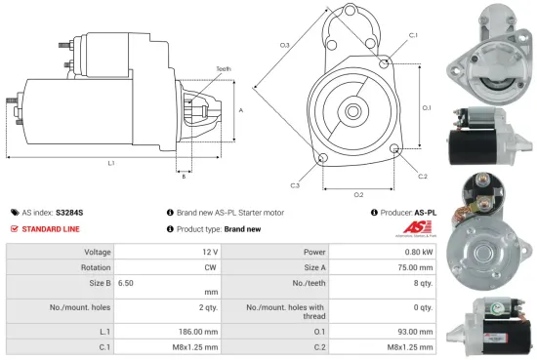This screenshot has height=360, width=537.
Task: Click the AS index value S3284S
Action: tap(69, 212)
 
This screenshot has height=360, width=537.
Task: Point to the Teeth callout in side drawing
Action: tap(225, 69)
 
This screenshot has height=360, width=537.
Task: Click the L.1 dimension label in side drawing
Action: tap(111, 162)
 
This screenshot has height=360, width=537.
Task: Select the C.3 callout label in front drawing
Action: tap(295, 184)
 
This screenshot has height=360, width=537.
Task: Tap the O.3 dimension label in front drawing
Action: tap(284, 45)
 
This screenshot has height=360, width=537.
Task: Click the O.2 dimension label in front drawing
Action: tap(358, 194)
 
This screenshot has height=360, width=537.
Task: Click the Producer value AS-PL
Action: tap(425, 212)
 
